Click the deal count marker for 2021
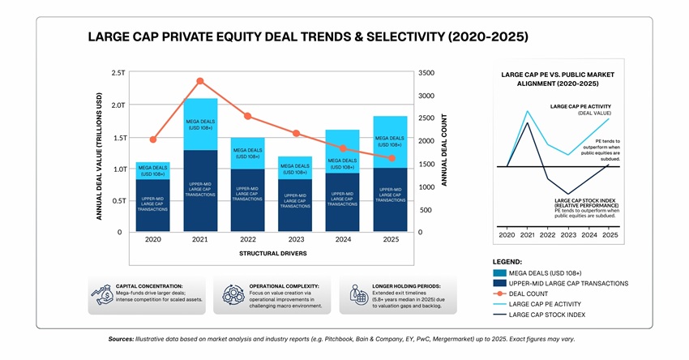[200, 81]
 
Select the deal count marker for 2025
[392, 158]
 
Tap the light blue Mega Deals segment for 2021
[200, 123]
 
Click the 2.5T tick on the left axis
[118, 73]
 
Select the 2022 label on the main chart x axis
[248, 241]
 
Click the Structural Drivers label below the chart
[272, 254]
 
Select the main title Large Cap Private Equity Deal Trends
[307, 37]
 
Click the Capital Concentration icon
[102, 295]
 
